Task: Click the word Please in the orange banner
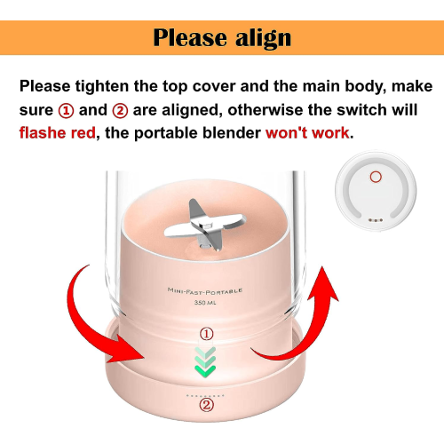point(191,37)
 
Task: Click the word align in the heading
point(263,38)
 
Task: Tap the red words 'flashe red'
point(58,132)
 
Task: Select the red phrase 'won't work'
point(307,132)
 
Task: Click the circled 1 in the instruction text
point(66,111)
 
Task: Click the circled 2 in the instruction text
point(120,111)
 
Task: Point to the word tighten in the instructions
point(102,86)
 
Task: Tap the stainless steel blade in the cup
point(205,226)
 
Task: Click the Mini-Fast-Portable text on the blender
point(205,291)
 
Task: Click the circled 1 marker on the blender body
point(207,334)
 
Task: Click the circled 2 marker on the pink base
point(206,405)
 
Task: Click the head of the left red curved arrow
point(126,349)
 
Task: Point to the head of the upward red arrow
point(323,284)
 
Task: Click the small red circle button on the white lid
point(376,177)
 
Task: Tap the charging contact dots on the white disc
point(376,220)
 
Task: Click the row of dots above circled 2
point(205,395)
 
